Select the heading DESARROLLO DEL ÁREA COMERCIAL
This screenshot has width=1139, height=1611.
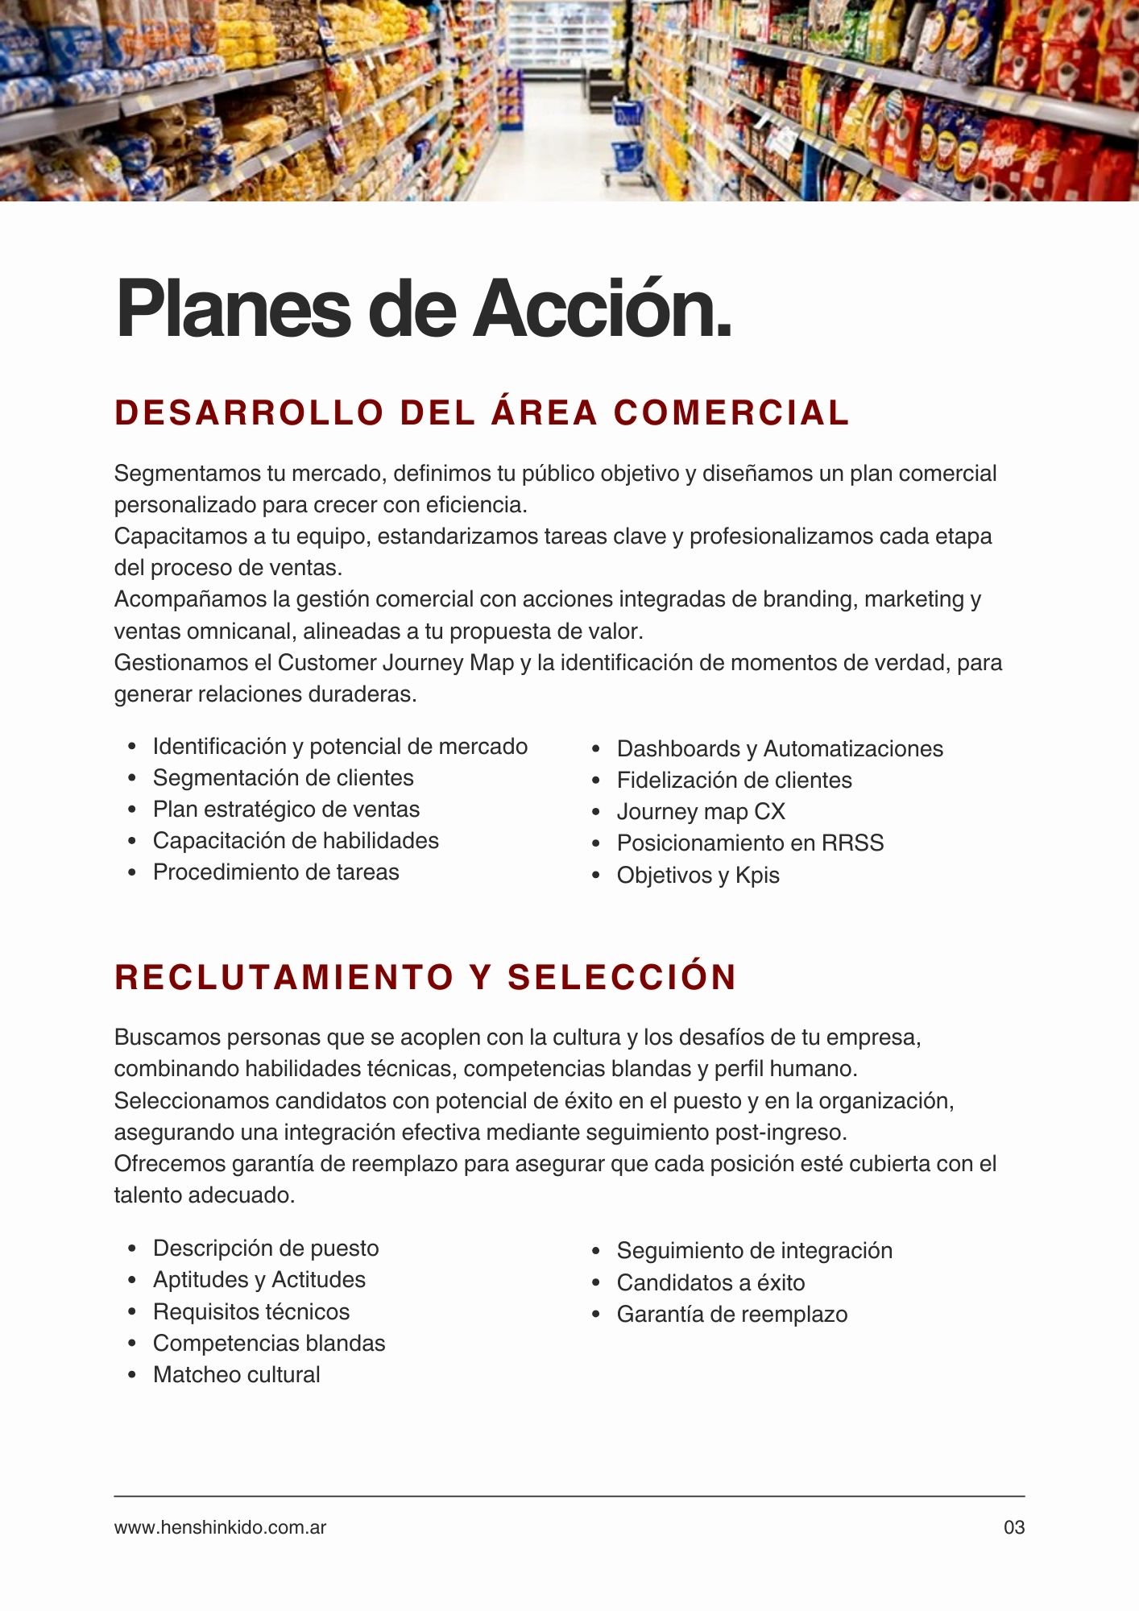(482, 412)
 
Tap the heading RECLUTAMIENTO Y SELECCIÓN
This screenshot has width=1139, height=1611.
(425, 977)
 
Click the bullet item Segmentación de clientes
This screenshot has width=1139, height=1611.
(283, 778)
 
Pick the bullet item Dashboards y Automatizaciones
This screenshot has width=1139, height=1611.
(779, 749)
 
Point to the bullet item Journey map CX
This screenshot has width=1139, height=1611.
(700, 812)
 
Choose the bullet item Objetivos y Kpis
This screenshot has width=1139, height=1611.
(698, 876)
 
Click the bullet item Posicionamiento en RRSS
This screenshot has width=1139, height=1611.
(750, 843)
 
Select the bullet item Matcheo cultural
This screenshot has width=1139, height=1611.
(236, 1375)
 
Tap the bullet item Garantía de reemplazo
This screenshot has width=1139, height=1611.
(731, 1315)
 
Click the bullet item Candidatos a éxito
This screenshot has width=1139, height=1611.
(710, 1283)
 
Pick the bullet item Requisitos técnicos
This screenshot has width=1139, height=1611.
(251, 1312)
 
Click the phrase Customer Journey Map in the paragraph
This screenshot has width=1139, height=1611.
(396, 663)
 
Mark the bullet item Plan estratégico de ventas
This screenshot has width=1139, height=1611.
(286, 810)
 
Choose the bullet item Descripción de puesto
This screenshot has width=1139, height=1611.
(265, 1249)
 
